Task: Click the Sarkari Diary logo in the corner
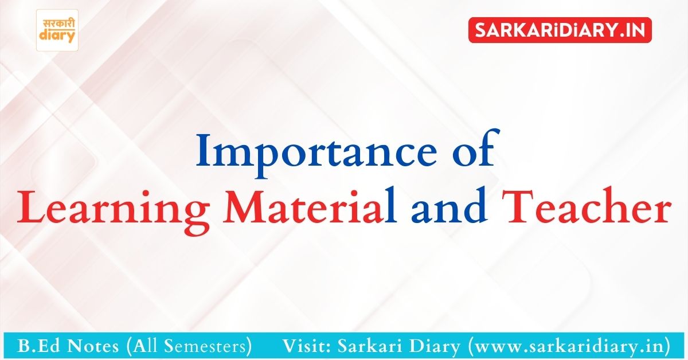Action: pyautogui.click(x=57, y=30)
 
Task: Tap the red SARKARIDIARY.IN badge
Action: pyautogui.click(x=560, y=29)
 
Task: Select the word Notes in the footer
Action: pyautogui.click(x=89, y=346)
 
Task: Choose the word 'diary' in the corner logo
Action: pyautogui.click(x=57, y=37)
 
